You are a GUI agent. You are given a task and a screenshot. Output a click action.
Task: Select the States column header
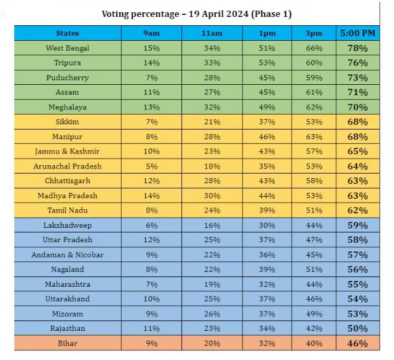pyautogui.click(x=67, y=33)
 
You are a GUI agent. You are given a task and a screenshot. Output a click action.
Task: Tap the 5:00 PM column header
pyautogui.click(x=358, y=33)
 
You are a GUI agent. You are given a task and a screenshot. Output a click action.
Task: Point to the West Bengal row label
pyautogui.click(x=67, y=48)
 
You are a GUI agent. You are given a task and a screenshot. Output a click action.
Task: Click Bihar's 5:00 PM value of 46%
pyautogui.click(x=358, y=344)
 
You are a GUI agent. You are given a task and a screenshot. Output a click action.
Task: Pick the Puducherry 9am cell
pyautogui.click(x=151, y=78)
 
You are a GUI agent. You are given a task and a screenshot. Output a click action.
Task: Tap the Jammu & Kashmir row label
pyautogui.click(x=67, y=152)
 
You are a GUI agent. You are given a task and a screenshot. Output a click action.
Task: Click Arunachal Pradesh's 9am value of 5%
pyautogui.click(x=151, y=166)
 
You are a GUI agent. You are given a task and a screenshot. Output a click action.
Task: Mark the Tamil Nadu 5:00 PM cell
pyautogui.click(x=358, y=210)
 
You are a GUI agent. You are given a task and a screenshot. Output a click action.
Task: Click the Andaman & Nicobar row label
pyautogui.click(x=67, y=255)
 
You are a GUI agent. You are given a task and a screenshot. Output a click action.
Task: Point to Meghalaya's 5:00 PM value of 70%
pyautogui.click(x=358, y=107)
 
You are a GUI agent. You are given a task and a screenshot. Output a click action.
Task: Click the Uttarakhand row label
pyautogui.click(x=67, y=299)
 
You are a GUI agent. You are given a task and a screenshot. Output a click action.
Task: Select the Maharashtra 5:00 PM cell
pyautogui.click(x=358, y=284)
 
